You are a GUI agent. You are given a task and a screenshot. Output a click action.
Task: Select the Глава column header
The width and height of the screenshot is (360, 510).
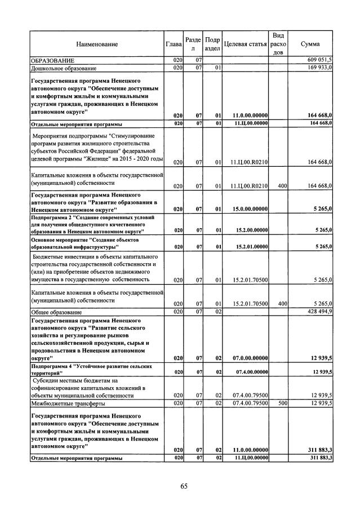(x=174, y=44)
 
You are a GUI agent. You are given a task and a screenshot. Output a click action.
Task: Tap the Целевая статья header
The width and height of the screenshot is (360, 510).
(x=245, y=44)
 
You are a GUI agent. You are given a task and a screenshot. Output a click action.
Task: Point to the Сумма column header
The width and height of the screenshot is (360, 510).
(x=310, y=44)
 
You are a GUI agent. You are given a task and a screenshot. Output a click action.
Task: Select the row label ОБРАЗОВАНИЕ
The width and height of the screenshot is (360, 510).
(x=53, y=60)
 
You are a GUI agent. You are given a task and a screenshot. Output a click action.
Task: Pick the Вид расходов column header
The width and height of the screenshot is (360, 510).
(x=278, y=44)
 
